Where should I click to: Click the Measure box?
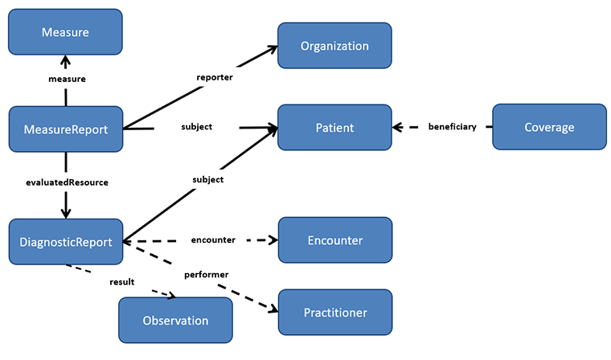click(65, 32)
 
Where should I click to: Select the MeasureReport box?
click(65, 129)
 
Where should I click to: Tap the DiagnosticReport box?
click(65, 240)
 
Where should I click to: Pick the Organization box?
click(334, 46)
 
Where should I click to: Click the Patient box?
click(334, 128)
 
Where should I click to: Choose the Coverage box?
click(549, 127)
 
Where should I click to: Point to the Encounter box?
click(334, 240)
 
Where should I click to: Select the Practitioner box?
click(334, 312)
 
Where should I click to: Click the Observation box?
click(175, 321)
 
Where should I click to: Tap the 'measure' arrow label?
click(66, 79)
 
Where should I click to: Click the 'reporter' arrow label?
click(215, 78)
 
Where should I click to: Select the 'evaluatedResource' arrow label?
click(67, 182)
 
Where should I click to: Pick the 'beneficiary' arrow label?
click(452, 127)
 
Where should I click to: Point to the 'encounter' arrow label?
click(213, 239)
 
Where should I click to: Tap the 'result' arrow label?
click(121, 282)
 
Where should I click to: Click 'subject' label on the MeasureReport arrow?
click(197, 127)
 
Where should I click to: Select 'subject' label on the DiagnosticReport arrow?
click(207, 179)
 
